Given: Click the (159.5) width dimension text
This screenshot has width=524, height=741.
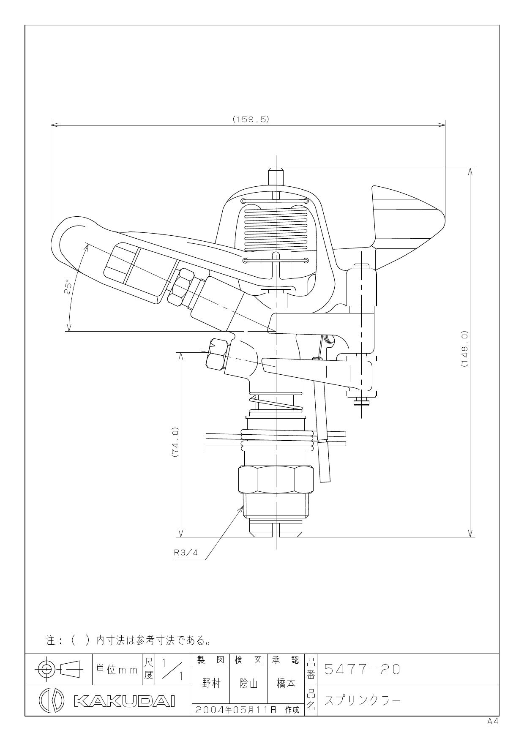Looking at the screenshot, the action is coord(251,119).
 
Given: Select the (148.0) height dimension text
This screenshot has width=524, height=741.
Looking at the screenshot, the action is coord(464,349).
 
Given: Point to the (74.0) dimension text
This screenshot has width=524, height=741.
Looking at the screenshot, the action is coord(176,442).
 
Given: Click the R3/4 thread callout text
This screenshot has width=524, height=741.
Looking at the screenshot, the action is coord(186,553).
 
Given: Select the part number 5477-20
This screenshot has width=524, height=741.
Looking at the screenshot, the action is coord(362,670).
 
